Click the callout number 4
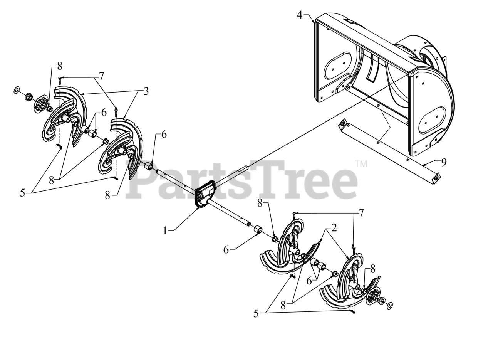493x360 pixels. point(300,15)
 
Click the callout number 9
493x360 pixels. point(444,162)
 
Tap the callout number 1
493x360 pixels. point(165,230)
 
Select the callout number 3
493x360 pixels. point(146,91)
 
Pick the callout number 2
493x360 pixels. point(334,228)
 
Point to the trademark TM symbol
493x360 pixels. point(361,164)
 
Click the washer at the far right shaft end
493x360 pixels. point(389,305)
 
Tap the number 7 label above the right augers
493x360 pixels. point(361,213)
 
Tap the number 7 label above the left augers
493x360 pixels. point(101,76)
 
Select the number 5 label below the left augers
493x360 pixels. point(22,193)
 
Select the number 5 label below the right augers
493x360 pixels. point(256,313)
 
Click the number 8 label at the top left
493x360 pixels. point(60,66)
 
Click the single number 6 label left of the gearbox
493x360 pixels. point(164,135)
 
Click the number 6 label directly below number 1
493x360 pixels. point(226,250)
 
